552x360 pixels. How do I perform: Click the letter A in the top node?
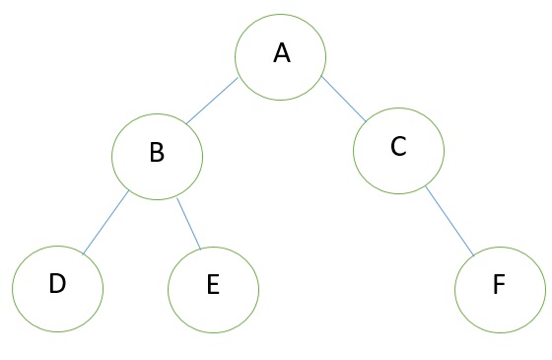pos(281,53)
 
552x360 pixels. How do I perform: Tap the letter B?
pos(156,153)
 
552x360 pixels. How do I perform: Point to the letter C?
pos(398,147)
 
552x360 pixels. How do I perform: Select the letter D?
pos(57,284)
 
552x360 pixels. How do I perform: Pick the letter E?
pos(213,286)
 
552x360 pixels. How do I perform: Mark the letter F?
pos(499,286)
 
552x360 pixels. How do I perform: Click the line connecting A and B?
pos(212,100)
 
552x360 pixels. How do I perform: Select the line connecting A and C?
pos(345,98)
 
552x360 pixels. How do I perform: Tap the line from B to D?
pos(105,224)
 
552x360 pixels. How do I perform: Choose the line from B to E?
pos(188,222)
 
